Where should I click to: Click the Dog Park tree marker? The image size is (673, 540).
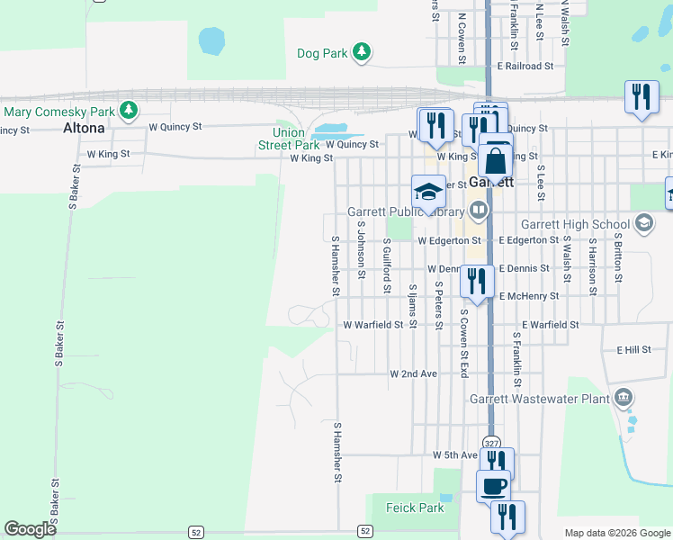click(361, 52)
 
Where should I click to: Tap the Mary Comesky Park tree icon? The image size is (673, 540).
click(130, 111)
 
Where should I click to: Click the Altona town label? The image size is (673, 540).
click(84, 128)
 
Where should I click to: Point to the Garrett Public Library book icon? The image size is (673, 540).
click(478, 212)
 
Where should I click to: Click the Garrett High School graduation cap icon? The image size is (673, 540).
click(643, 222)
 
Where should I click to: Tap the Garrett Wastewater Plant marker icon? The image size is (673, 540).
click(623, 397)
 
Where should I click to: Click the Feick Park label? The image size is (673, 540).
click(415, 508)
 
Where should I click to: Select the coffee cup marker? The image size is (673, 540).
click(493, 486)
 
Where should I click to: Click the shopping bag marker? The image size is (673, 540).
click(495, 162)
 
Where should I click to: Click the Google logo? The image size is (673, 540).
click(31, 529)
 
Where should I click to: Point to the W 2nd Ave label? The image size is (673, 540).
click(413, 373)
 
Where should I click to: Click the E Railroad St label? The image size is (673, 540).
click(525, 67)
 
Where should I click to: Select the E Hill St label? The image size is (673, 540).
click(633, 349)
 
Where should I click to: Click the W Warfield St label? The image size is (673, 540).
click(373, 325)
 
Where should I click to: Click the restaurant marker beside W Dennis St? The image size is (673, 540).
click(475, 280)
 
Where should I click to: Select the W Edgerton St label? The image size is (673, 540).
click(448, 240)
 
